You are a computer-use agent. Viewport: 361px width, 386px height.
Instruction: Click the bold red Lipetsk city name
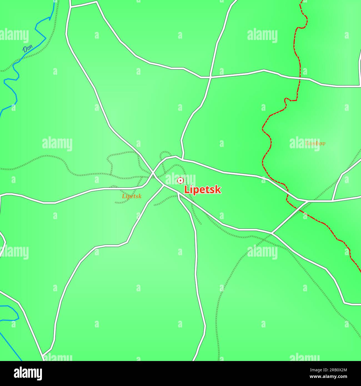(203, 190)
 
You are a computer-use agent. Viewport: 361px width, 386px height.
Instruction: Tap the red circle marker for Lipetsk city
(180, 181)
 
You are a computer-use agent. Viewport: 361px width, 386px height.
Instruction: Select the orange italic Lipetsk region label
(132, 196)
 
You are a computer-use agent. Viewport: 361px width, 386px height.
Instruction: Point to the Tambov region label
(315, 143)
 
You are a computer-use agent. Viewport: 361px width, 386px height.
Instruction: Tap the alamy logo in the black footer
(28, 374)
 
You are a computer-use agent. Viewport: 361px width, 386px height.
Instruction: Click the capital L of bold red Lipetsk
(187, 190)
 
